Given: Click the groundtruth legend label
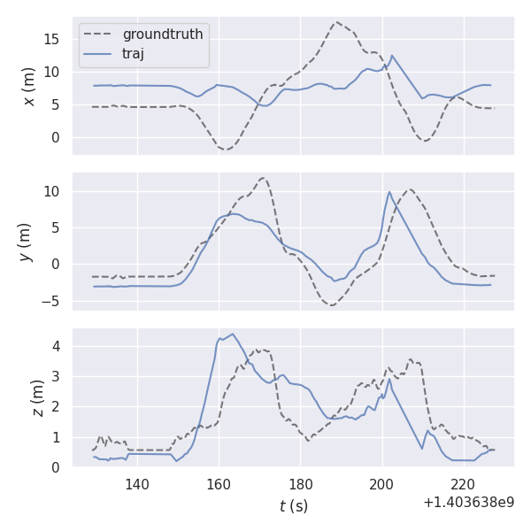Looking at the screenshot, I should pyautogui.click(x=163, y=35).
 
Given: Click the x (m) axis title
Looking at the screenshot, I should pyautogui.click(x=28, y=86).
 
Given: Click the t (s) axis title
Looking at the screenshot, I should pyautogui.click(x=294, y=506).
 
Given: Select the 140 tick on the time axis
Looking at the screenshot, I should pyautogui.click(x=137, y=484).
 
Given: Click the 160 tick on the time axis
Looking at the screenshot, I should pyautogui.click(x=219, y=484).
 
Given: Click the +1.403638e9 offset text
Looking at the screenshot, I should pyautogui.click(x=468, y=503).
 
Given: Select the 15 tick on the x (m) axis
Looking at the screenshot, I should pyautogui.click(x=55, y=39).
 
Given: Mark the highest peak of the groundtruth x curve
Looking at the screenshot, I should pyautogui.click(x=336, y=22).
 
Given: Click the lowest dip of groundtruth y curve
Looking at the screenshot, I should pyautogui.click(x=331, y=304).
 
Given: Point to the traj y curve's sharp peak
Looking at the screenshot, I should pyautogui.click(x=389, y=192).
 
